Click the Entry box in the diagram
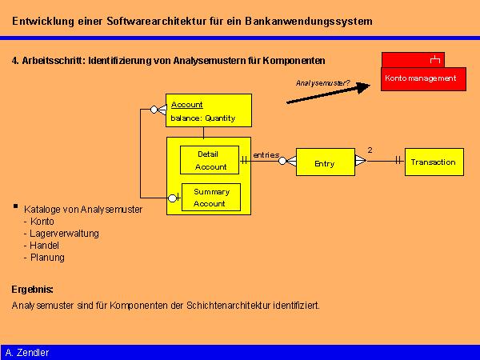click(x=325, y=163)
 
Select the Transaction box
click(x=433, y=162)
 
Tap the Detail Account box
click(x=211, y=160)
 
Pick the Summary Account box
click(x=211, y=198)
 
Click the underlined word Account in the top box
click(x=187, y=105)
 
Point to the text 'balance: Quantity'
click(x=202, y=118)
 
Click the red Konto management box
click(x=420, y=78)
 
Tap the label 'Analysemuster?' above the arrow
click(x=322, y=82)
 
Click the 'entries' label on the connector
click(x=266, y=154)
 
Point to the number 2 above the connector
click(x=370, y=150)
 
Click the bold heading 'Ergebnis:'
click(x=32, y=289)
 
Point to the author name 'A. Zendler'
click(x=27, y=352)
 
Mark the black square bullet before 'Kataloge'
click(x=15, y=206)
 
